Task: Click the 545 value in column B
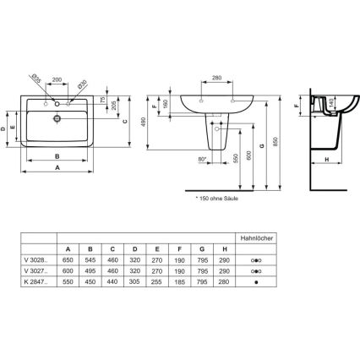[91, 260]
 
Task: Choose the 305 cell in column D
[135, 284]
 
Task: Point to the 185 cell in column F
[179, 284]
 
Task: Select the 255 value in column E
[157, 284]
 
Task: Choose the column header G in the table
[201, 248]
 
